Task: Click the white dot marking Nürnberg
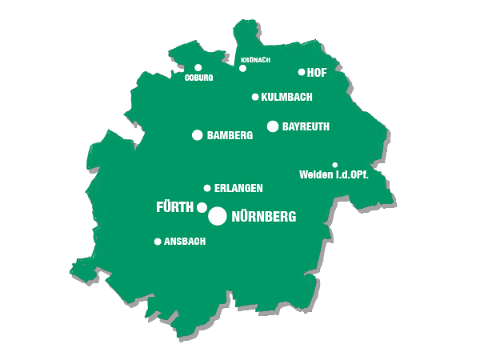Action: click(217, 216)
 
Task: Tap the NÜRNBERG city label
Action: click(263, 217)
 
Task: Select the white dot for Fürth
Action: click(202, 207)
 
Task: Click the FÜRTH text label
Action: click(174, 207)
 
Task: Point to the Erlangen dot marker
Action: click(207, 188)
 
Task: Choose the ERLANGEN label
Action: click(238, 188)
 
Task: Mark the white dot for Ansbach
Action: click(158, 241)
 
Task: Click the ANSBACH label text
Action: click(185, 241)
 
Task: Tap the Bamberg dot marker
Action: click(198, 135)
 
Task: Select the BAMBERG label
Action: click(230, 136)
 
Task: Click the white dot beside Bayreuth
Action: click(273, 126)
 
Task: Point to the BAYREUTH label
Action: click(306, 126)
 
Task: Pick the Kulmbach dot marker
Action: click(255, 97)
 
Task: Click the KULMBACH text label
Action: click(286, 97)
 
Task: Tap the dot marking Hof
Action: click(302, 72)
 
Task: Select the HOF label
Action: click(318, 72)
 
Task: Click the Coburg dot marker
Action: click(198, 68)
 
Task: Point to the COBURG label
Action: click(198, 78)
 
